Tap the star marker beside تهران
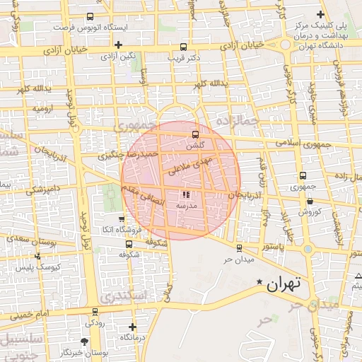(x=260, y=284)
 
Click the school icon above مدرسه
(x=187, y=194)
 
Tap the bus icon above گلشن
(x=194, y=134)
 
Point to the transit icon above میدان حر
(x=239, y=248)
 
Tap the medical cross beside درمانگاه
(x=133, y=327)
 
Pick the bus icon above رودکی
(x=95, y=311)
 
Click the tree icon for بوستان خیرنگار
(x=86, y=341)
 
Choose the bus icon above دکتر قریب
(x=185, y=47)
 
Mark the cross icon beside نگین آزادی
(x=118, y=45)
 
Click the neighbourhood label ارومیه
(x=45, y=110)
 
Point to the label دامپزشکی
(x=43, y=190)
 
